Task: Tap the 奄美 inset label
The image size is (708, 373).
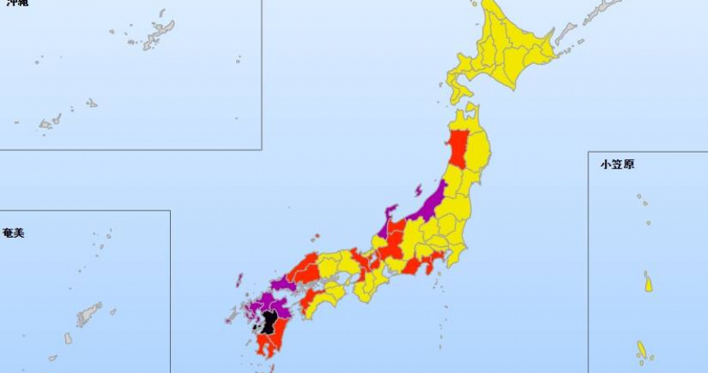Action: pyautogui.click(x=14, y=234)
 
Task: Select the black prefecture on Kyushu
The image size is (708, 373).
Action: pyautogui.click(x=268, y=321)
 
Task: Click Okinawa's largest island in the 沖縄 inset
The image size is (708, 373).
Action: pyautogui.click(x=158, y=34)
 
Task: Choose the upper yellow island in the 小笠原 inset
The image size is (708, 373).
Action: pyautogui.click(x=649, y=284)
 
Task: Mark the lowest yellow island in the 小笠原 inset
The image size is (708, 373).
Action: pyautogui.click(x=642, y=351)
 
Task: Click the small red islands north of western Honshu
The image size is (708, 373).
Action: pyautogui.click(x=314, y=236)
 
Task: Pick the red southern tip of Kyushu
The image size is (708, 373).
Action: pyautogui.click(x=269, y=347)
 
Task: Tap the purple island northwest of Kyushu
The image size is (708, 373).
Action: pyautogui.click(x=239, y=280)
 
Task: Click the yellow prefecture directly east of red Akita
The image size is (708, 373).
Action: pyautogui.click(x=479, y=149)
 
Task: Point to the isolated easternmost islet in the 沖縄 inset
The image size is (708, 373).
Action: pyautogui.click(x=238, y=59)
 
